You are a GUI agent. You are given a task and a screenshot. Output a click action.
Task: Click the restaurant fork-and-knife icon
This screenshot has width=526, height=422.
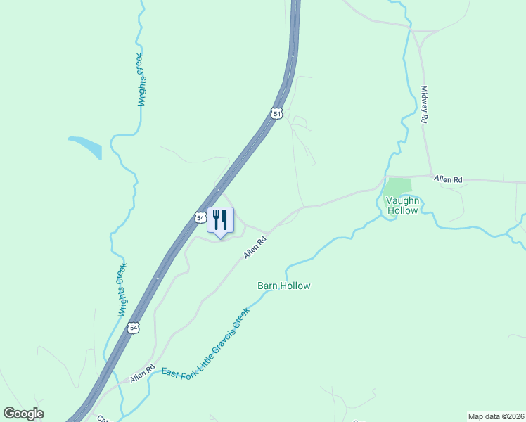tap(220, 220)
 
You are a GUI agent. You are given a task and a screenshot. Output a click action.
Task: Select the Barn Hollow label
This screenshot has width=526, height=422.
tap(283, 286)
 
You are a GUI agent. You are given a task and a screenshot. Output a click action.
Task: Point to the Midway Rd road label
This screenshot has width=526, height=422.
tap(424, 105)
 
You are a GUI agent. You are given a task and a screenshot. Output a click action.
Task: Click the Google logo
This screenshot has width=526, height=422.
tap(23, 414)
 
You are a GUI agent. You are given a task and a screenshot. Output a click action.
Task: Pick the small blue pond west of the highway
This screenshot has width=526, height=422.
tap(87, 146)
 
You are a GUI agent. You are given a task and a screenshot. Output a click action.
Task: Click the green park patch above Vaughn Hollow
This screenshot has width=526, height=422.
tap(398, 186)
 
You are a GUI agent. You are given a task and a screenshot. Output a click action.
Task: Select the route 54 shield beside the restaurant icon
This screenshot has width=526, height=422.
tap(200, 217)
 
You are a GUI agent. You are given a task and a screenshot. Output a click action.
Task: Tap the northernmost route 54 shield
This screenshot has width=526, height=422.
tap(277, 113)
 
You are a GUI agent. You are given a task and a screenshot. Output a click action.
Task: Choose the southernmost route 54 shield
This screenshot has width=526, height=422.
tap(134, 328)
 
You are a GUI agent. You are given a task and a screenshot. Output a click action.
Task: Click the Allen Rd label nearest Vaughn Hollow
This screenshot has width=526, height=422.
tap(448, 180)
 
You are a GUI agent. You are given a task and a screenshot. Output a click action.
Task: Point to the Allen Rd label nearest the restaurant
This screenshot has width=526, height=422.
tap(255, 247)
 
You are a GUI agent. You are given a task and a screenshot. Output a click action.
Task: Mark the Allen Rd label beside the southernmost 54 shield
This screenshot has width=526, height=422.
tap(142, 373)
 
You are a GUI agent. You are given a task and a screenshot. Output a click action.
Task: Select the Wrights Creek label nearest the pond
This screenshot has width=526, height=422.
tap(142, 79)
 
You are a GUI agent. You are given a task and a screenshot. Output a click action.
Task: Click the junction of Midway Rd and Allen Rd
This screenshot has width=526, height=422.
tap(430, 176)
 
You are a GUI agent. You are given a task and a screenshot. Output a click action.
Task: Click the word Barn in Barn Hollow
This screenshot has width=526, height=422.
tap(268, 286)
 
